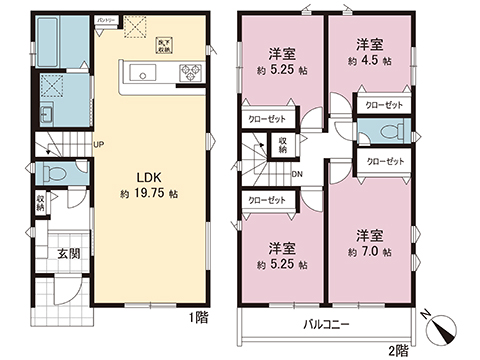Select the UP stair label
(99, 145)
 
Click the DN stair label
(297, 172)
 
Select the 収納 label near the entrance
(40, 204)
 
